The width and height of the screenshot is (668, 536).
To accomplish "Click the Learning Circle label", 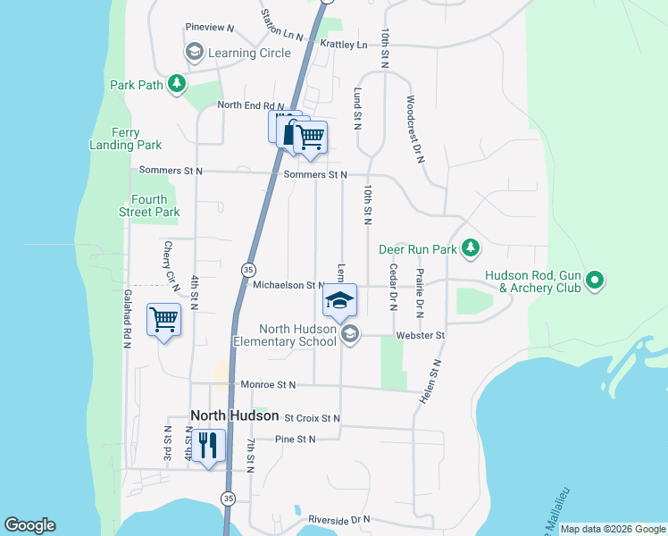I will coord(249,53).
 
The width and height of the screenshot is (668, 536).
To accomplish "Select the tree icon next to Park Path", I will coord(178,84).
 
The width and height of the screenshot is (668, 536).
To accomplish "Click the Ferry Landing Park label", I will coord(126,138).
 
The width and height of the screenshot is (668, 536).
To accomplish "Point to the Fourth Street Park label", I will coord(149,205).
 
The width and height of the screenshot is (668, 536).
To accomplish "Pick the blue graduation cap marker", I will coord(339,300).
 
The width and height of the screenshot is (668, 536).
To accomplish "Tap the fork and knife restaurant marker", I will coord(208,445).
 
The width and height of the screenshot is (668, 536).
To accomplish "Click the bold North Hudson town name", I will coord(230,415).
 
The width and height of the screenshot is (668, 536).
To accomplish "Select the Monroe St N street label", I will coord(267,385).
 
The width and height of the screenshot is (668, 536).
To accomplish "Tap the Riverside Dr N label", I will coord(338,519).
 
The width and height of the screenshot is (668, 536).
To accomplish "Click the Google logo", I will coord(29,525).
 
